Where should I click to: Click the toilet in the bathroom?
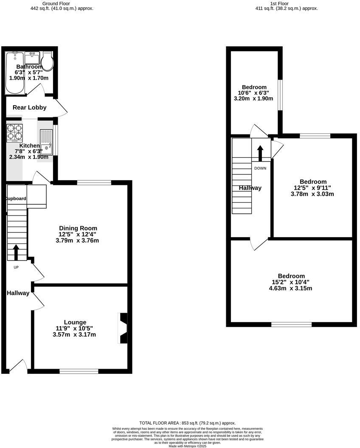click(47, 62)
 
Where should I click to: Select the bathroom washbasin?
click(32, 57)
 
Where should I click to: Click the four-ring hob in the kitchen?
click(14, 133)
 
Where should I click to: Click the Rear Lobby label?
click(29, 108)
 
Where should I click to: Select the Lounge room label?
click(75, 322)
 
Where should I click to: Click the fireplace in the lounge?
click(122, 328)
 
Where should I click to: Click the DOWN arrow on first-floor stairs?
click(260, 153)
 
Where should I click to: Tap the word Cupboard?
click(16, 199)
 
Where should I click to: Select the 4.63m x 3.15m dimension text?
click(291, 288)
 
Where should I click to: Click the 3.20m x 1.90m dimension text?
click(253, 98)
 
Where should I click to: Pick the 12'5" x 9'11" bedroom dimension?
click(312, 188)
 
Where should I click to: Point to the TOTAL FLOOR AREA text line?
click(187, 423)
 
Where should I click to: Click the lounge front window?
click(79, 371)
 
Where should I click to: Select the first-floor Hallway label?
click(250, 188)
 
